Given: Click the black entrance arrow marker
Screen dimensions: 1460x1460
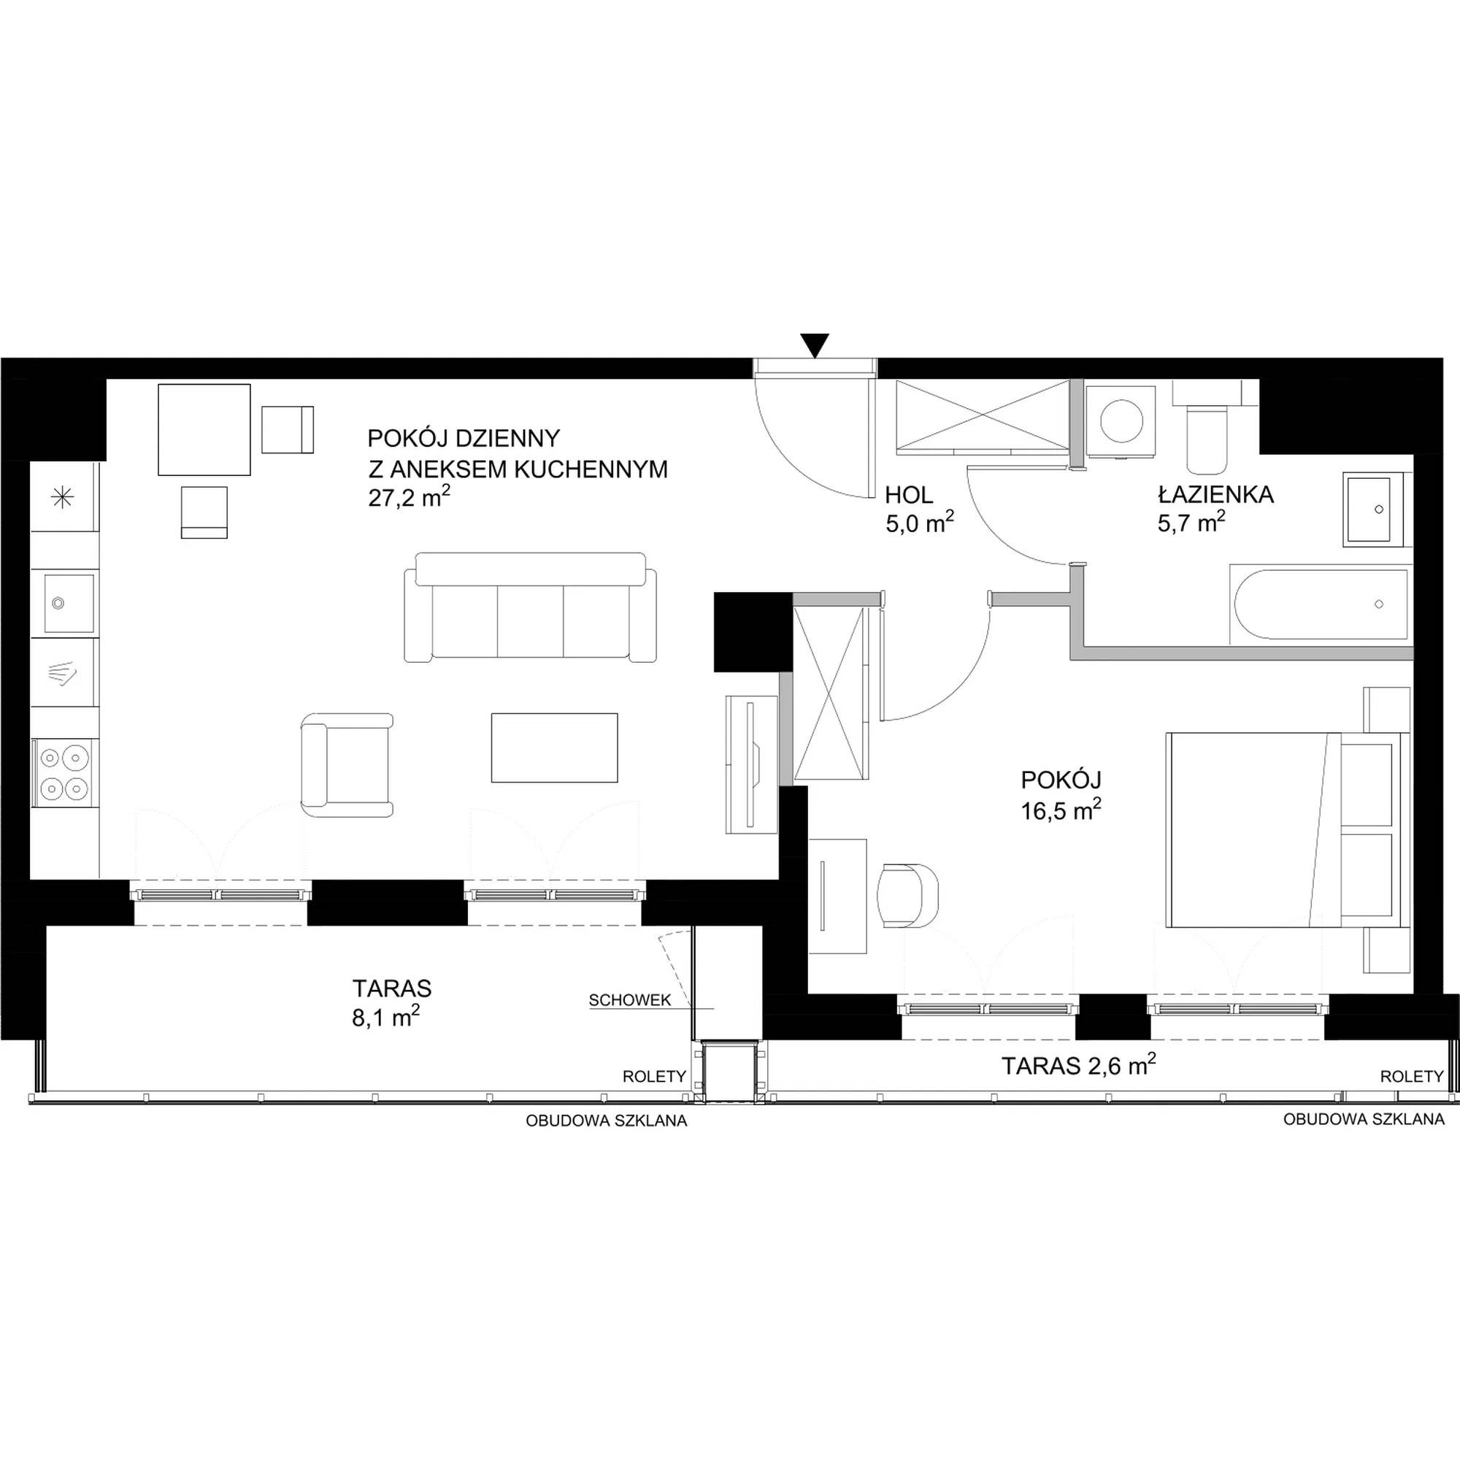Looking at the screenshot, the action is point(815,345).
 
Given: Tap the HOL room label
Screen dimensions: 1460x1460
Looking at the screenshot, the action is point(908,496).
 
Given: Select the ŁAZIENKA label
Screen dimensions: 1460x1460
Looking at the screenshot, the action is point(1215,495).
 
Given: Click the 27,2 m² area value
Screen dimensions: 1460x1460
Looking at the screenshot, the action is point(409,499).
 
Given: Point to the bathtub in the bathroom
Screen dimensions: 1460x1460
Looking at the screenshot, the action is point(1321,604).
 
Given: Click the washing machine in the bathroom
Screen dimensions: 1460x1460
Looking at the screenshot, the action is point(1121,420).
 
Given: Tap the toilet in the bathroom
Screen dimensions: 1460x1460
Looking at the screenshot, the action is point(1207,425).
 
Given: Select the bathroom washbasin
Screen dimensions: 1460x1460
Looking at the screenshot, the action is point(1377,510).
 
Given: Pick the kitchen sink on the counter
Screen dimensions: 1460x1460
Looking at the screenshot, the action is point(68,602).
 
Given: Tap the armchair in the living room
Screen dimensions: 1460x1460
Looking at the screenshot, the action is point(347,765).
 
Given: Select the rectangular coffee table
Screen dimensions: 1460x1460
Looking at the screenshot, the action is point(554,748).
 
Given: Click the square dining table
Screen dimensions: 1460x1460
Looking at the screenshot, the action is point(204,429).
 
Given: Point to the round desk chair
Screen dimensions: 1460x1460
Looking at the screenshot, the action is point(907,896).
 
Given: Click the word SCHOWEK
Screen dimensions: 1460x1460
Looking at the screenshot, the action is point(629,1001).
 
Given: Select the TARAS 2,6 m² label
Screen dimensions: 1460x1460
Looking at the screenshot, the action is point(1078,1065).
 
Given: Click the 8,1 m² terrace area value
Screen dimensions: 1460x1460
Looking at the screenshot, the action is point(385,1018).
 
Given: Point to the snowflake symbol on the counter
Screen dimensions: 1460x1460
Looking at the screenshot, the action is point(62,497).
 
